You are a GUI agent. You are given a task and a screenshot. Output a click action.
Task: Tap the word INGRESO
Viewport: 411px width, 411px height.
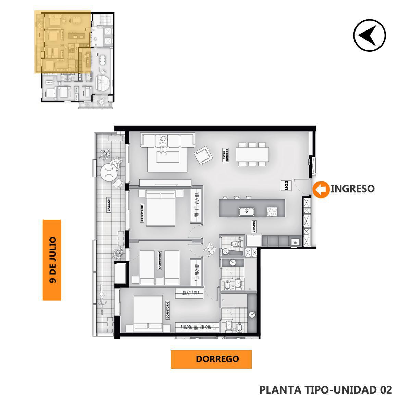click(352, 188)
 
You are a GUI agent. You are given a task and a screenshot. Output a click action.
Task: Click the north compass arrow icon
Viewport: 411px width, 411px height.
click(370, 35)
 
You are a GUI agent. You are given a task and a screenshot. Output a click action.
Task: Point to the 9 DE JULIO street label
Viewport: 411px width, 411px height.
click(52, 260)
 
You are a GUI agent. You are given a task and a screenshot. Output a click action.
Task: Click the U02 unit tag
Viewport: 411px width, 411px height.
click(287, 185)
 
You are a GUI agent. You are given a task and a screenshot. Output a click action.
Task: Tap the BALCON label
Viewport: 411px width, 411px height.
click(109, 205)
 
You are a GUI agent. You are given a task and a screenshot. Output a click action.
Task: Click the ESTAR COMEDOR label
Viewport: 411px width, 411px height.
click(226, 155)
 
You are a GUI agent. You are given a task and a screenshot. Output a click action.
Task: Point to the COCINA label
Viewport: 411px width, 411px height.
click(254, 226)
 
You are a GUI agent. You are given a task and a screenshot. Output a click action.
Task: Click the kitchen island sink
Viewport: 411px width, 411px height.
click(247, 211)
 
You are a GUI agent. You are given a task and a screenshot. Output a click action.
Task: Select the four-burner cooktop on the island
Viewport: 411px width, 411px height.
click(272, 212)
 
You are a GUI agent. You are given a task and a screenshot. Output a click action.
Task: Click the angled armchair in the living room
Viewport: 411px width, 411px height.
click(203, 155)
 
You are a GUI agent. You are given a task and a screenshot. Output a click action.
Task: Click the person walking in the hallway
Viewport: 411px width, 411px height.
click(210, 249)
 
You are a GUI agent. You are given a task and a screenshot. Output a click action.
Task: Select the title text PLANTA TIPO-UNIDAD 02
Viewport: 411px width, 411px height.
click(326, 390)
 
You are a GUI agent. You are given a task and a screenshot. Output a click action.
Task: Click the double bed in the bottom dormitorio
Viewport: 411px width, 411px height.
click(148, 313)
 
